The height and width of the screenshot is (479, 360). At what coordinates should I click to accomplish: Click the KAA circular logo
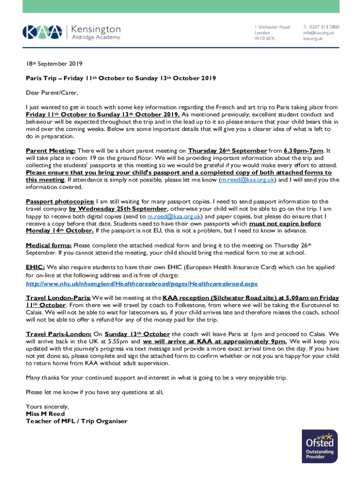[x=42, y=32]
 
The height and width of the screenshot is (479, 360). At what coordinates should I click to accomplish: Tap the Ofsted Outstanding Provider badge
[x=320, y=446]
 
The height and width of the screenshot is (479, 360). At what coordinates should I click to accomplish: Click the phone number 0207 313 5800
[x=321, y=27]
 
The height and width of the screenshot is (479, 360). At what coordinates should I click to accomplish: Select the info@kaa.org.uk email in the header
[x=318, y=33]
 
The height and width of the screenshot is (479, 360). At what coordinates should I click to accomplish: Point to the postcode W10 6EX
[x=265, y=38]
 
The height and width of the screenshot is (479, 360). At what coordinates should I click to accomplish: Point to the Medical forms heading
[x=49, y=245]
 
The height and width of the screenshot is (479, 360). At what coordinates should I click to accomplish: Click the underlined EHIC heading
[x=35, y=267]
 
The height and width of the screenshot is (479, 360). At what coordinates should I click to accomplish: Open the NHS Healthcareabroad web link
[x=142, y=283]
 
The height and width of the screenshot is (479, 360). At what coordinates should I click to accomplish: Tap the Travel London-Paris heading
[x=58, y=298]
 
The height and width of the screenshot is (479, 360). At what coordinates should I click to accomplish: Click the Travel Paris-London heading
[x=58, y=334]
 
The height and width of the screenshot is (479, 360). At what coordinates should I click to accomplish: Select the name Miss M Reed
[x=45, y=414]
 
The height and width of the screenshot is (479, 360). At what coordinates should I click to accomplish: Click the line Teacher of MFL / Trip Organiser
[x=76, y=421]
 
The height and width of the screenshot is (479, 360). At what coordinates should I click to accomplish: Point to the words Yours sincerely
[x=47, y=406]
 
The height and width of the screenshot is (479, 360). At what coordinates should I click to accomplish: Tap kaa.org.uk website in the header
[x=313, y=38]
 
